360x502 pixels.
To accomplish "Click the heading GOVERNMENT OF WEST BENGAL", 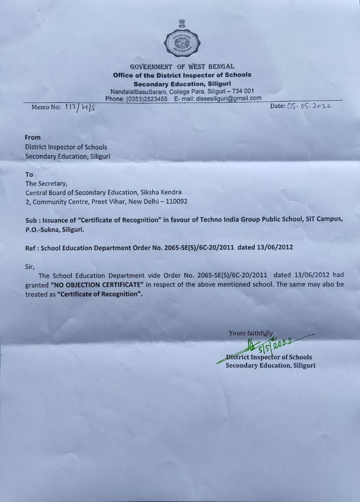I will [x=182, y=67].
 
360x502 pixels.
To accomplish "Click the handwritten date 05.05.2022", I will [x=308, y=106].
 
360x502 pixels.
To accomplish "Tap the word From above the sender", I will [x=33, y=137].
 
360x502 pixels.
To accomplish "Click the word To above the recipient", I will [x=29, y=174].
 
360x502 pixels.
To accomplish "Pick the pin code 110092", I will [x=175, y=201].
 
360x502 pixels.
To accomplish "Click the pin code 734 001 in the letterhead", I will [x=243, y=91].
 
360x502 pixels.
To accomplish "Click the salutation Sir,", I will [x=31, y=265].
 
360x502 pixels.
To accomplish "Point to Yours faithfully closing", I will [x=251, y=333].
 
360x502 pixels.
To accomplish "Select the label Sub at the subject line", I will [x=31, y=221].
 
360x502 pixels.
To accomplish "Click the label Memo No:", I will [x=46, y=107].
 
